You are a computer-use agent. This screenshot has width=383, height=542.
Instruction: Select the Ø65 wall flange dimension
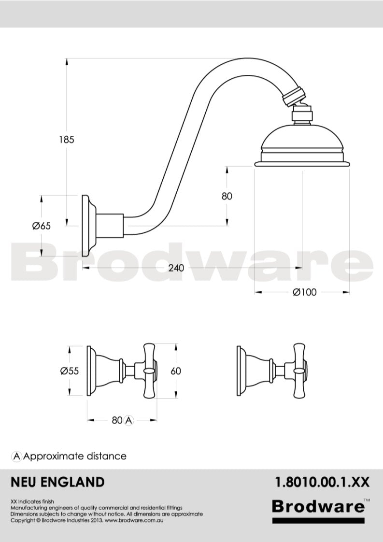coord(42,226)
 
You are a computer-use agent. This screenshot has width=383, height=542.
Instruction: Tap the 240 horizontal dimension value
coord(176,268)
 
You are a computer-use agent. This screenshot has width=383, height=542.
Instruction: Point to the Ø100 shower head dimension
coord(305,292)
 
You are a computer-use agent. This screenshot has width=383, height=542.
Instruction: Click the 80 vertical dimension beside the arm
coord(227,196)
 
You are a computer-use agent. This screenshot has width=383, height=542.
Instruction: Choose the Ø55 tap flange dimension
coord(70,371)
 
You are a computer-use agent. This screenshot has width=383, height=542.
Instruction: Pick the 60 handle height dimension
coord(176,371)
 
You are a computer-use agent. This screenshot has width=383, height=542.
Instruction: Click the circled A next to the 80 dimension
coord(128,420)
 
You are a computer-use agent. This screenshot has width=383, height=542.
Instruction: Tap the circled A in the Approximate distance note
coord(17,456)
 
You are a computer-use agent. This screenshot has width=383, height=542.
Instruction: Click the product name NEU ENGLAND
coord(57,482)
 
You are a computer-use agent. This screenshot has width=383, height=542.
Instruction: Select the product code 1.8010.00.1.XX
coord(322,482)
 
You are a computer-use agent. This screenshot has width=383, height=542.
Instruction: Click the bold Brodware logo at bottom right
coord(318,506)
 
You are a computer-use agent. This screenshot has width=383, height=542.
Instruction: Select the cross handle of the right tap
coord(299,371)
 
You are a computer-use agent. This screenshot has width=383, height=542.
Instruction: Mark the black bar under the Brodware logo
coord(318,521)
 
